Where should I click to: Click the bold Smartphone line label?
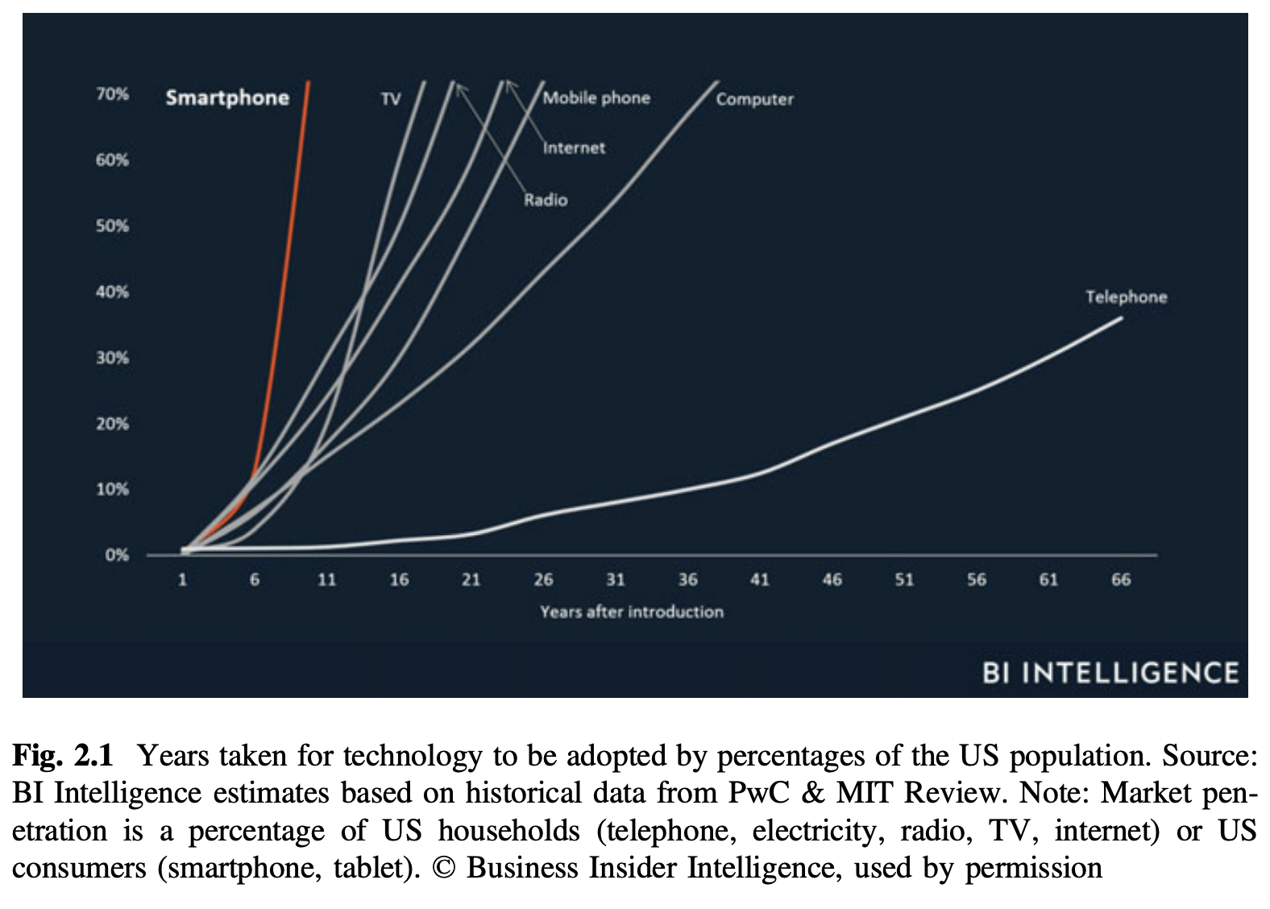coord(227,98)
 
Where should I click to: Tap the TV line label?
coord(391,99)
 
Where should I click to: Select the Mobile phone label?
coord(596,98)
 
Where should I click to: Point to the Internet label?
coord(574,148)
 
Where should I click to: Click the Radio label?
coord(546,200)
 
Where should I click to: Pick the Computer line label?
coord(754,100)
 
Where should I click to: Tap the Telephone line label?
coord(1126,297)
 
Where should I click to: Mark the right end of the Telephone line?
coord(1121,318)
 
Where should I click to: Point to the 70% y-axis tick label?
coord(113,94)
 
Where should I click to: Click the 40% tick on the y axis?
coord(113,292)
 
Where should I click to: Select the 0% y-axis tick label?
coord(116,555)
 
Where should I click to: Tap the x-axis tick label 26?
coord(543,579)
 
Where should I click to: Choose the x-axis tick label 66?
coord(1121,579)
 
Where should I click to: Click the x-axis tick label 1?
coord(183,579)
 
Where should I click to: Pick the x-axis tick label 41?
coord(760,579)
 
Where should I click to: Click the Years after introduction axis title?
coord(632,612)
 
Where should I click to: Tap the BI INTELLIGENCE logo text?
coord(1110,673)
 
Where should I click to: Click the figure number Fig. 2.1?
coord(63,756)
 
